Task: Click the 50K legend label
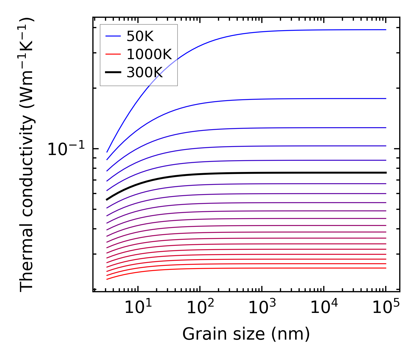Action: point(140,36)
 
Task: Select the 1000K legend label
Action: point(149,54)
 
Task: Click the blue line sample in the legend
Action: point(113,36)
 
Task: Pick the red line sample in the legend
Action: point(113,54)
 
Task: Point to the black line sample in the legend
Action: point(113,72)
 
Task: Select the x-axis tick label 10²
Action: point(200,308)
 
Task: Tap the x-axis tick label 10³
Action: point(262,308)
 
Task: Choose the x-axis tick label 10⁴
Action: point(324,308)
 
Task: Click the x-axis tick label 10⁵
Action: point(386,308)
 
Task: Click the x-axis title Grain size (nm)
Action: point(246,334)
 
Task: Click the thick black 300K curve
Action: point(258,173)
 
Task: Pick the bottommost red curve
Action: point(258,268)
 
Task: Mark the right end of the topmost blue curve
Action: point(386,30)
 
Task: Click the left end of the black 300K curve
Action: point(107,200)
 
